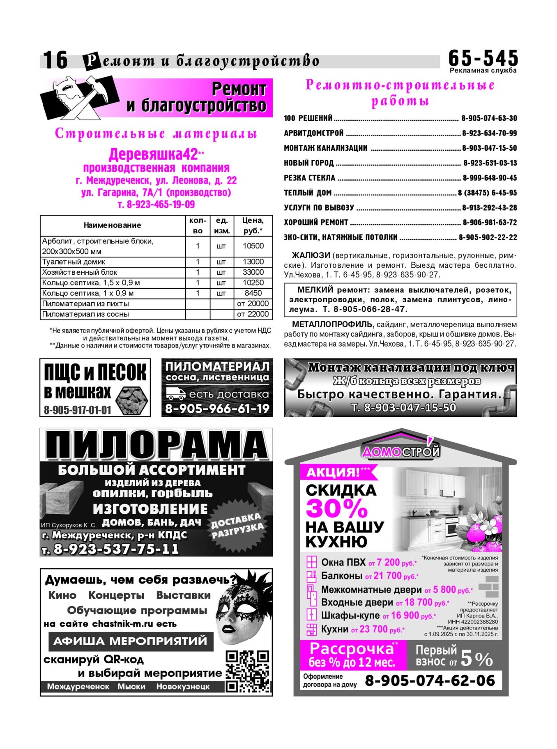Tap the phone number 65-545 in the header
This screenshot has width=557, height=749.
483,58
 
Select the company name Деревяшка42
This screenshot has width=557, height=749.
153,154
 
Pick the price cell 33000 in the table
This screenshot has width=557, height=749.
253,272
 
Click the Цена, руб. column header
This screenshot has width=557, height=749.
253,225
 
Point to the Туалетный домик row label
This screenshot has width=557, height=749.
74,262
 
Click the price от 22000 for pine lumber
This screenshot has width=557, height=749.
253,314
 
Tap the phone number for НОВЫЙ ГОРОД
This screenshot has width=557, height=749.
490,163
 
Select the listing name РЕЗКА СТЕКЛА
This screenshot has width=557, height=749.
309,178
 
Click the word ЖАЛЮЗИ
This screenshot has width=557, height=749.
311,255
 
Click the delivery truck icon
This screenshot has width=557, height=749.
175,394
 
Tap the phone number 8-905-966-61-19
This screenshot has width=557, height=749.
217,409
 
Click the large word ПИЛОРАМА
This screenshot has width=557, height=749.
156,445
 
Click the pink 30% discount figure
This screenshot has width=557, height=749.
336,509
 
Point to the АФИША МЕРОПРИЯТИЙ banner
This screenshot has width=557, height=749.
131,641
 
